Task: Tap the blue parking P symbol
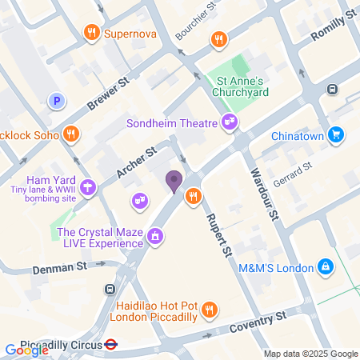(x=56, y=101)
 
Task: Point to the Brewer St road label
(x=109, y=93)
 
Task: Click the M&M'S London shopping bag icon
(x=325, y=266)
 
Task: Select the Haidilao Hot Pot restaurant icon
(x=210, y=309)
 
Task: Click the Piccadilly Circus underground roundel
(x=111, y=345)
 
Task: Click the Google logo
(x=26, y=350)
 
